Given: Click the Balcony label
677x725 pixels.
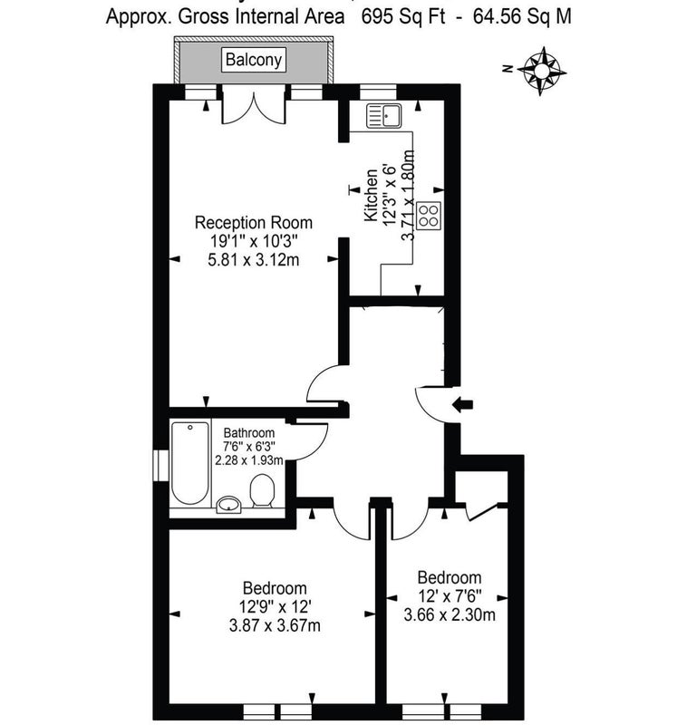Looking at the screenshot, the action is (254, 60).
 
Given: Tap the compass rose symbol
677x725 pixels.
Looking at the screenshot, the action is (542, 72).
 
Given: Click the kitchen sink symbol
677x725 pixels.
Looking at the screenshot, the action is (384, 116).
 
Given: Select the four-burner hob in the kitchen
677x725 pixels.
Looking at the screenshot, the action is (429, 216).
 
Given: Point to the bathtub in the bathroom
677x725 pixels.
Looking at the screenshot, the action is (189, 463).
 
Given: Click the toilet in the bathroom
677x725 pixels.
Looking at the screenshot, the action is (262, 490).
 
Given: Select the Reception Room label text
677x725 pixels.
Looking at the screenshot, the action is (254, 222).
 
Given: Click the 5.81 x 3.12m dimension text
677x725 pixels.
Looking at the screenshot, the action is (254, 260).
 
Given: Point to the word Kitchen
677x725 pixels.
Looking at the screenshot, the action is (371, 195).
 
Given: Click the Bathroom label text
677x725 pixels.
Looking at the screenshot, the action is (249, 433).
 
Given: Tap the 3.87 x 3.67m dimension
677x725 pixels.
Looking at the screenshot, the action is (275, 625).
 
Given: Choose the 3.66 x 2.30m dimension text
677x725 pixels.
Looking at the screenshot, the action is (450, 615).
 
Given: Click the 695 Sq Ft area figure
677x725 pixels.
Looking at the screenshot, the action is (402, 17).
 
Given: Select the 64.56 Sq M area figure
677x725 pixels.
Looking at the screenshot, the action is (522, 17).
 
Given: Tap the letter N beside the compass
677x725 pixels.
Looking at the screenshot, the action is (508, 70).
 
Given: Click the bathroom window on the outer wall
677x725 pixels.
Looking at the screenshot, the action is (160, 465).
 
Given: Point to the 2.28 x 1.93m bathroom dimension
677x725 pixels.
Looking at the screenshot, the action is (249, 460).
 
